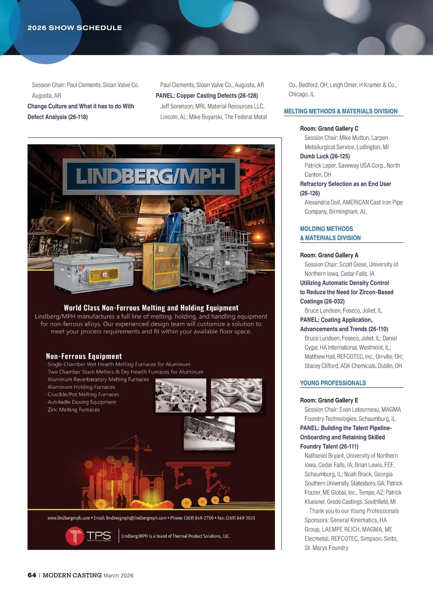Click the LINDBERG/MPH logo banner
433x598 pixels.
tap(151, 176)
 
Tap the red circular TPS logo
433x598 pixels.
tap(75, 536)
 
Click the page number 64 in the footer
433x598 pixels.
tap(32, 575)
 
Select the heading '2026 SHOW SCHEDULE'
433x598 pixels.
tap(75, 28)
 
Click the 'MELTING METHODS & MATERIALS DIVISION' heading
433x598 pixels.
tap(341, 111)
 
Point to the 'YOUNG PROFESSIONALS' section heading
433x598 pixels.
tap(333, 383)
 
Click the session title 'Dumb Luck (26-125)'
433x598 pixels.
tap(325, 156)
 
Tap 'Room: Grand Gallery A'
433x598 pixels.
tap(329, 255)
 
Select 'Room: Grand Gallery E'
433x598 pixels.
tap(329, 400)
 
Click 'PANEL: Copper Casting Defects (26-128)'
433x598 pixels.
tap(207, 96)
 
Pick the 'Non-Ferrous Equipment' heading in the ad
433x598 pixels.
tap(84, 356)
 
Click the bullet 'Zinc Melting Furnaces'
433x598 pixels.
tap(74, 410)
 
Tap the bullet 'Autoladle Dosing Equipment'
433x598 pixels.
tap(82, 402)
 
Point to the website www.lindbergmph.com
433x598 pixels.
tap(69, 518)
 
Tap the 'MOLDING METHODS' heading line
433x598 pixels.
tap(326, 229)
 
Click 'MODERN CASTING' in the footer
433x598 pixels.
tap(72, 575)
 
